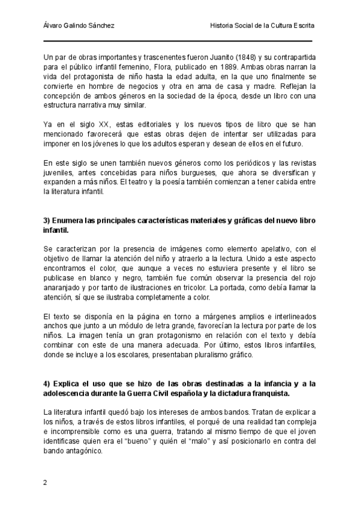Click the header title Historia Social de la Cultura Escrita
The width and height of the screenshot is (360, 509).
point(262,26)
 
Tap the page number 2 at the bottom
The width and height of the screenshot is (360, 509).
point(46,483)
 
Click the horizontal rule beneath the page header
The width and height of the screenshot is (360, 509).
point(178,41)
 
